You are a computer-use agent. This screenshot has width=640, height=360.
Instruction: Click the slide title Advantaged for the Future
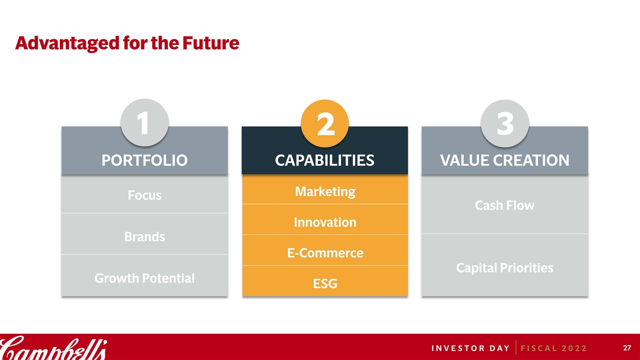click(x=127, y=43)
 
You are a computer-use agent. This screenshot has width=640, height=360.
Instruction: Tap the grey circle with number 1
click(x=144, y=122)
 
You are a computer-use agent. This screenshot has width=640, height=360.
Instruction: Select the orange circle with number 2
click(x=325, y=123)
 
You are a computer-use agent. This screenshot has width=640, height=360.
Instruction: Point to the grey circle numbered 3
click(x=505, y=123)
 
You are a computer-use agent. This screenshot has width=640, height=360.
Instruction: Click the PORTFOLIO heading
click(x=144, y=160)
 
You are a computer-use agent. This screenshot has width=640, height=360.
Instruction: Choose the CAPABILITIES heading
click(x=324, y=160)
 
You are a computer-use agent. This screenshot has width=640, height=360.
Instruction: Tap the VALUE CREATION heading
click(x=504, y=160)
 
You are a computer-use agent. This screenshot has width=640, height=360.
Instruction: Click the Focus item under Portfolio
click(x=144, y=195)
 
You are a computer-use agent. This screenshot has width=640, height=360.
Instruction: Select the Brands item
click(x=144, y=237)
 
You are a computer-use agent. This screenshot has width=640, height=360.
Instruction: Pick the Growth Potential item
click(x=144, y=278)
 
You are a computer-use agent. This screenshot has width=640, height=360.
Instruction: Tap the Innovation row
click(x=325, y=222)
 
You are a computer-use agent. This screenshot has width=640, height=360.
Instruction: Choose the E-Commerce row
click(x=325, y=253)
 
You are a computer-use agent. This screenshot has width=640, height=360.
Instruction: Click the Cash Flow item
click(x=504, y=205)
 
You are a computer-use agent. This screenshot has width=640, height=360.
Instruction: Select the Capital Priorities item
click(x=504, y=268)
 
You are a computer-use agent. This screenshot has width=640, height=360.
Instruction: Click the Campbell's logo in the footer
click(x=53, y=347)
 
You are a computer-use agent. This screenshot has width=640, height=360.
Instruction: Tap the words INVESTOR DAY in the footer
click(x=470, y=348)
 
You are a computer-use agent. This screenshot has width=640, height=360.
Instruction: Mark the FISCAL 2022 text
click(x=553, y=348)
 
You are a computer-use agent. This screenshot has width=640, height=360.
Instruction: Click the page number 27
click(x=627, y=347)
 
